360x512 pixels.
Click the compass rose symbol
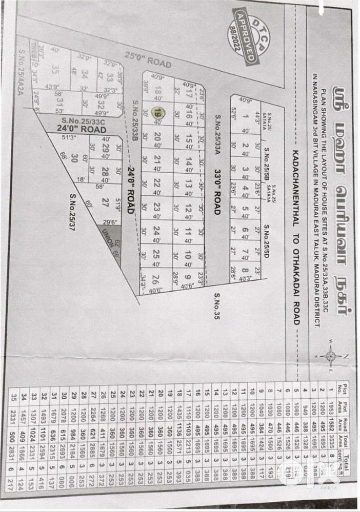tap(331, 355)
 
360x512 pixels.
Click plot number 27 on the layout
tap(106, 201)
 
